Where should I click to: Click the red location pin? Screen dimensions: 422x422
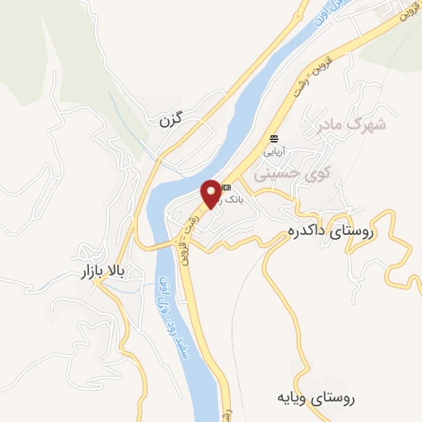click(212, 192)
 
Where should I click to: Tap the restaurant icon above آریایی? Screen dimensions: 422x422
click(273, 138)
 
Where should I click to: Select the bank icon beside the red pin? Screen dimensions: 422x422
click(226, 188)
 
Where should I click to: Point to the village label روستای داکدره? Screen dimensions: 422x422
click(327, 232)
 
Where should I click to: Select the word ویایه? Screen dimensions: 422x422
click(295, 398)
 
